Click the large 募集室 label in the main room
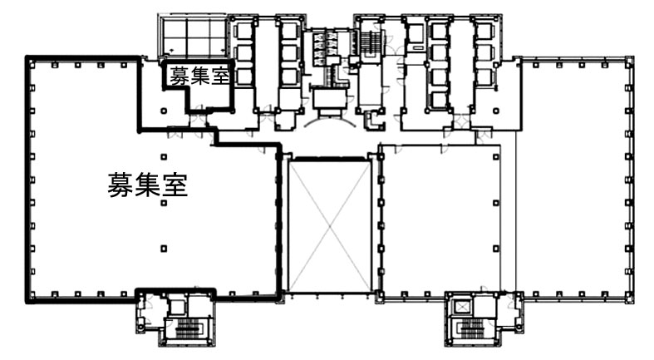pyautogui.click(x=148, y=185)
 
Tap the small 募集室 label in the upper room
pyautogui.click(x=199, y=76)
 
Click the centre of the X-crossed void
pyautogui.click(x=330, y=226)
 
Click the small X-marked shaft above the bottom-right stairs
pyautogui.click(x=462, y=308)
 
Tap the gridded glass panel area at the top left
pyautogui.click(x=194, y=37)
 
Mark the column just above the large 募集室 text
pyautogui.click(x=164, y=157)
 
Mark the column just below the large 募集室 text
pyautogui.click(x=164, y=203)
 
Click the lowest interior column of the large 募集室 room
pyautogui.click(x=164, y=249)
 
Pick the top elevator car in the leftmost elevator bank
pyautogui.click(x=244, y=32)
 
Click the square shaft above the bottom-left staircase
pyautogui.click(x=177, y=308)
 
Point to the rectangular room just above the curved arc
pyautogui.click(x=331, y=98)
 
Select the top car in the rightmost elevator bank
pyautogui.click(x=485, y=32)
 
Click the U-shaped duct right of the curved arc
pyautogui.click(x=370, y=121)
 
